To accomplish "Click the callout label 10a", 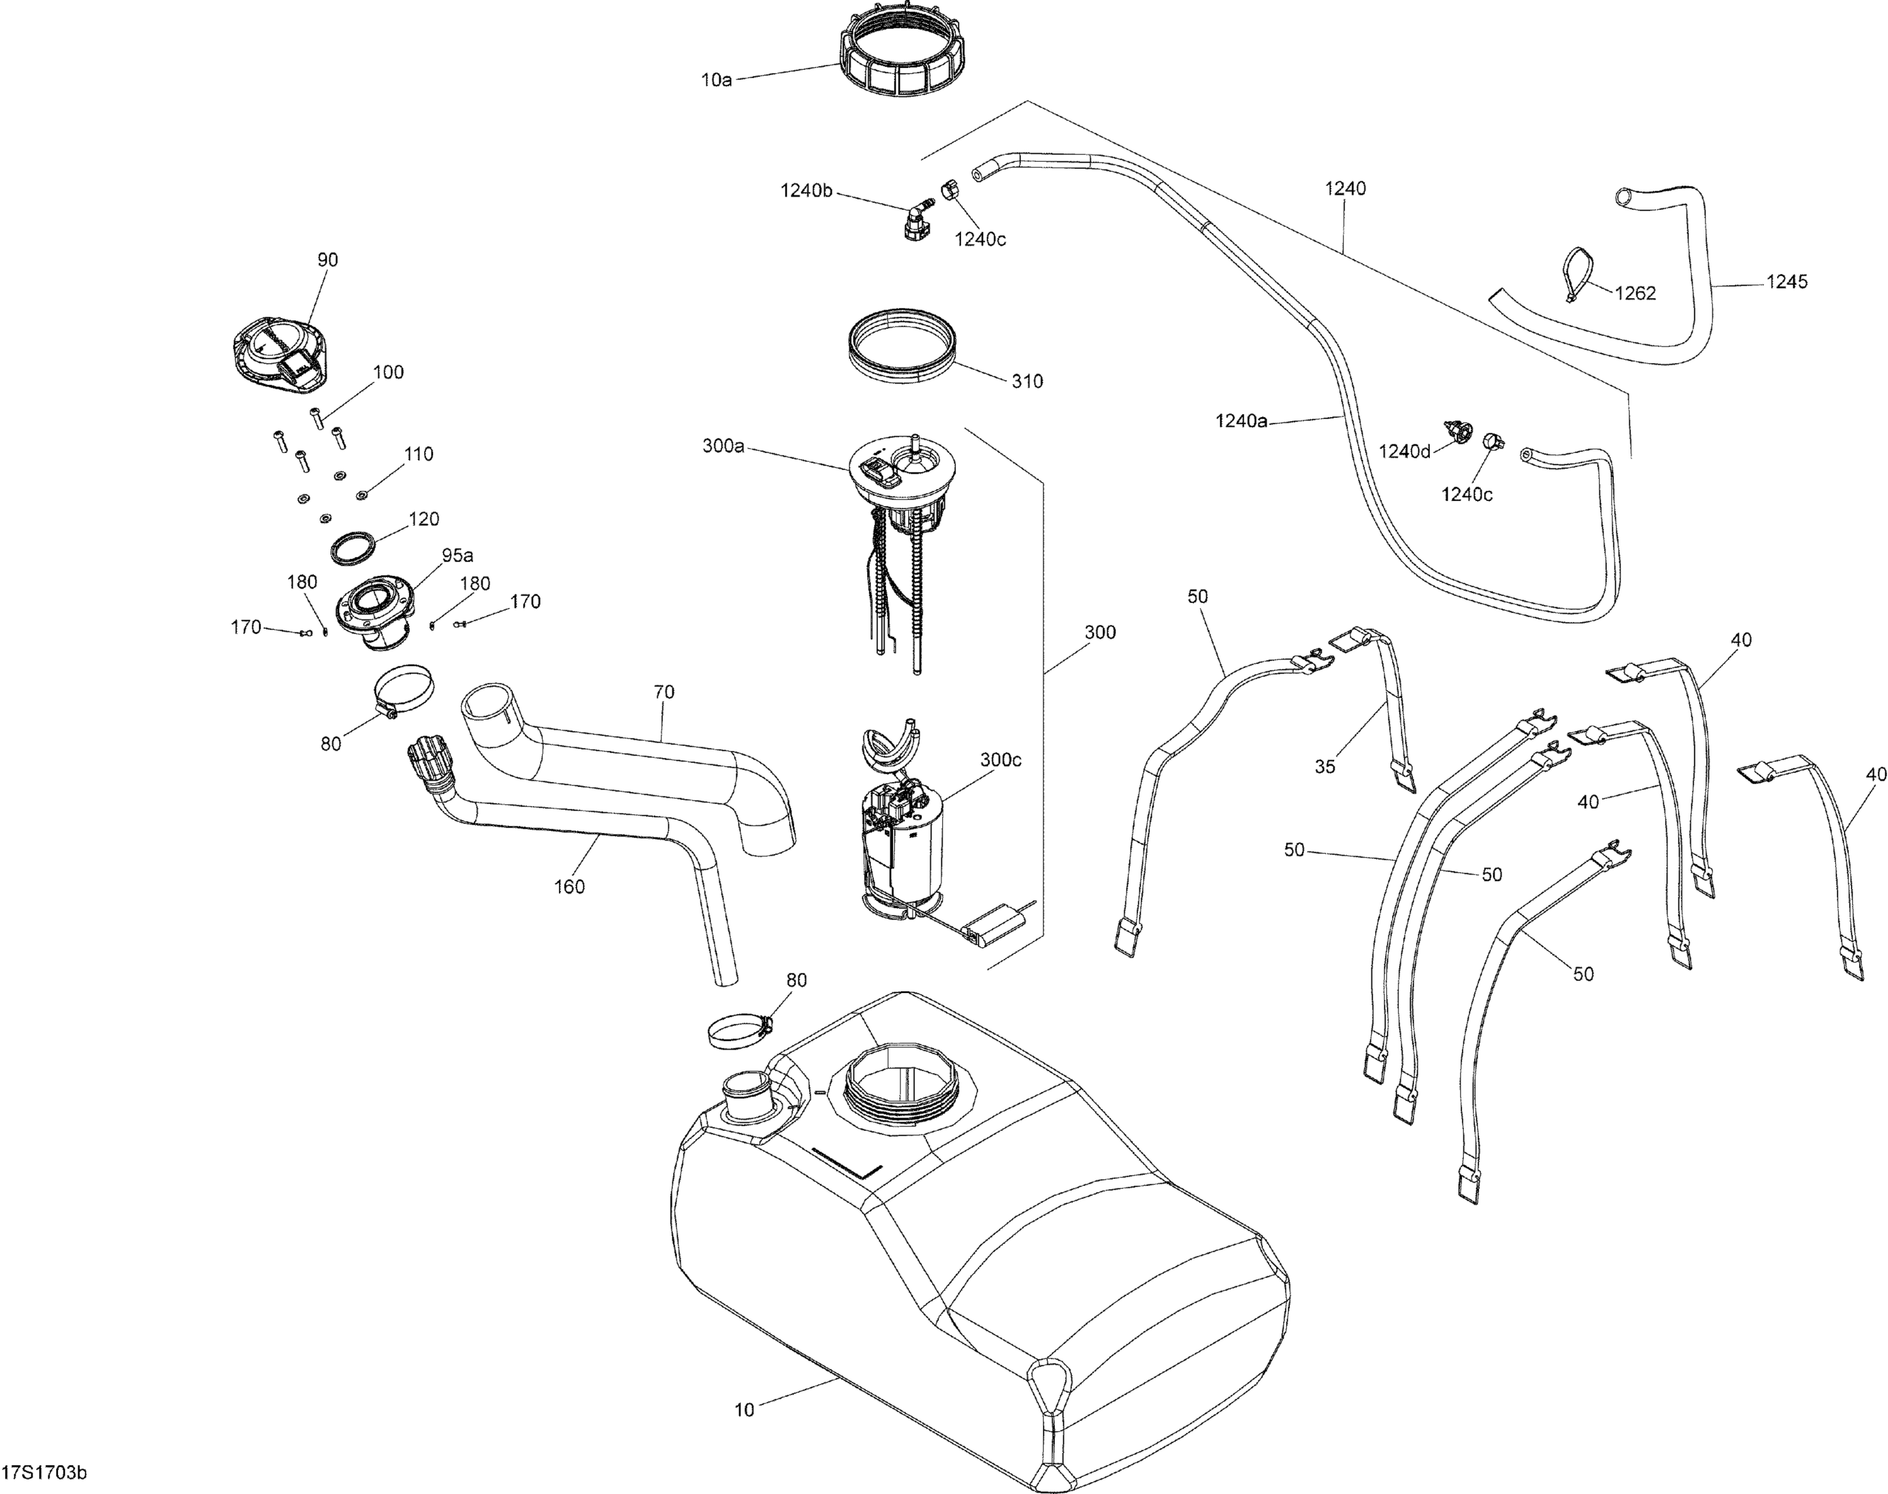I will (x=716, y=79).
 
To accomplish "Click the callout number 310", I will (x=1026, y=381).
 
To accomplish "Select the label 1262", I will (x=1634, y=294).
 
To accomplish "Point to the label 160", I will (x=570, y=887).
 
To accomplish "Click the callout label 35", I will (x=1325, y=767).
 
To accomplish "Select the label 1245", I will (x=1787, y=282).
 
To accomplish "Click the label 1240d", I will (x=1405, y=451).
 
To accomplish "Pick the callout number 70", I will (x=664, y=692).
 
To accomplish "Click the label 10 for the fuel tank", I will (x=744, y=1410).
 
